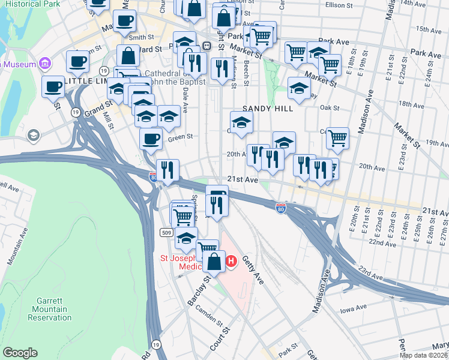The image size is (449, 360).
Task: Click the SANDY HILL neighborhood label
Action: pyautogui.click(x=268, y=109)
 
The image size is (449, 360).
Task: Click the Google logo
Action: pyautogui.click(x=19, y=353)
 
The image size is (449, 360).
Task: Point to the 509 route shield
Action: pyautogui.click(x=167, y=232)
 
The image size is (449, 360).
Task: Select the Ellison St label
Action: pyautogui.click(x=340, y=5)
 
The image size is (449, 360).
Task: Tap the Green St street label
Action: pyautogui.click(x=179, y=137)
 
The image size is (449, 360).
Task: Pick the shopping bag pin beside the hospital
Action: pyautogui.click(x=214, y=261)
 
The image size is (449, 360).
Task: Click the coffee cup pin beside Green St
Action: pyautogui.click(x=151, y=139)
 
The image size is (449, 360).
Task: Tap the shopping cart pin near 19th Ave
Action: pyautogui.click(x=337, y=137)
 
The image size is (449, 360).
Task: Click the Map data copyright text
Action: pyautogui.click(x=423, y=355)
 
